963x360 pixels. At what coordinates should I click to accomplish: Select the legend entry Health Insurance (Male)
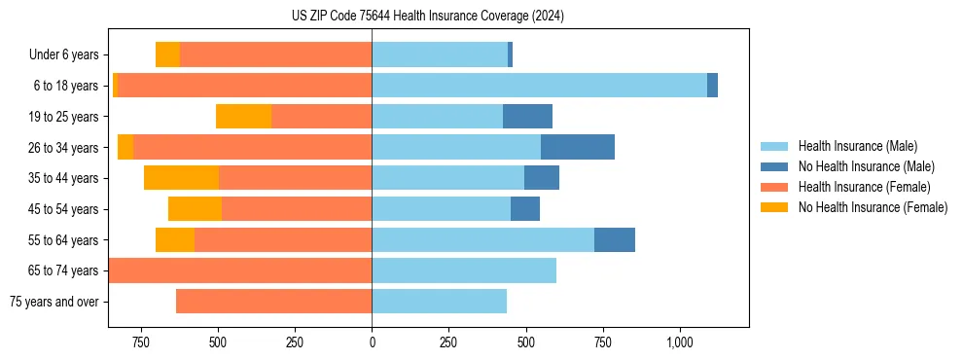click(857, 146)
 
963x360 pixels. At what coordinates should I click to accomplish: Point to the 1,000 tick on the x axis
click(679, 343)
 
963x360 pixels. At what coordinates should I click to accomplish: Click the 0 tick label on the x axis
click(372, 343)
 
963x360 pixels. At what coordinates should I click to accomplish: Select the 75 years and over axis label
click(53, 302)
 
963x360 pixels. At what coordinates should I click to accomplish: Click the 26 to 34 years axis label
click(65, 147)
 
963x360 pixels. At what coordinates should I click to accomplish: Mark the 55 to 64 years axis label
click(65, 239)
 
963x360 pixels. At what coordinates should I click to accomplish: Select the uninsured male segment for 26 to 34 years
click(578, 147)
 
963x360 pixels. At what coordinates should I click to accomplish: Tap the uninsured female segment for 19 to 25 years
click(243, 116)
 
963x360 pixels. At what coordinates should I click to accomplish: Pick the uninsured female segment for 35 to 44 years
click(181, 178)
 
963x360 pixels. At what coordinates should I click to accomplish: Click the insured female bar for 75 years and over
click(273, 302)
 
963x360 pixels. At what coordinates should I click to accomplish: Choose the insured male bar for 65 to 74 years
click(464, 270)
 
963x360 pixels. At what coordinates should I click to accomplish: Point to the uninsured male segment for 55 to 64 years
click(615, 239)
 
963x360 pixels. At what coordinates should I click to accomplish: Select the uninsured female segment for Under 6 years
click(167, 54)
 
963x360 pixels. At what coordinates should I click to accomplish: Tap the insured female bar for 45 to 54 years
click(297, 209)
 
